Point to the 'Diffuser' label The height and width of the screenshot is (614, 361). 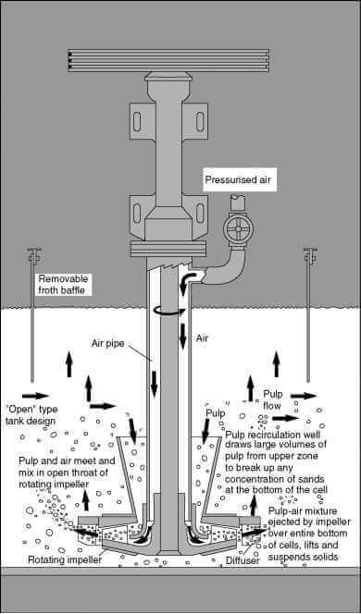click(x=243, y=559)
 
